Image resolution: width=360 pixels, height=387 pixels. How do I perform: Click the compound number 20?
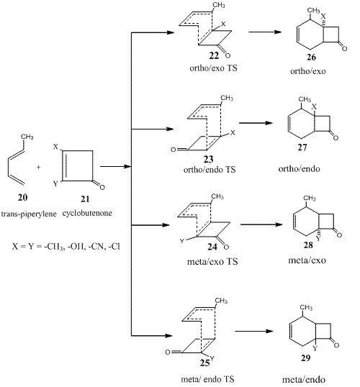pyautogui.click(x=22, y=197)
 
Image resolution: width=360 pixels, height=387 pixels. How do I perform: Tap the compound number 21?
pyautogui.click(x=85, y=199)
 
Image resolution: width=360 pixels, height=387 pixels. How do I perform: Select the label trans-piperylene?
pyautogui.click(x=29, y=214)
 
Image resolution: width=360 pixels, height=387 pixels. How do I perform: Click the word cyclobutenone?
pyautogui.click(x=87, y=213)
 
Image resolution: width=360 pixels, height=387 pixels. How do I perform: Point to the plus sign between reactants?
pyautogui.click(x=38, y=167)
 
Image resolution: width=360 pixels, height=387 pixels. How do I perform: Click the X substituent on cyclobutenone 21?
pyautogui.click(x=55, y=147)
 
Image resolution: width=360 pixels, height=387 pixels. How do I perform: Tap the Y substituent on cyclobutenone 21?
pyautogui.click(x=55, y=183)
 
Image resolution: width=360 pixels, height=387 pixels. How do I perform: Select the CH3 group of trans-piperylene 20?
pyautogui.click(x=27, y=137)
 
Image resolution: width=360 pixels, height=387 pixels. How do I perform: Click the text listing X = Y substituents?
pyautogui.click(x=66, y=246)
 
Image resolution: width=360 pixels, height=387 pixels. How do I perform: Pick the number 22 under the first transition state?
pyautogui.click(x=214, y=56)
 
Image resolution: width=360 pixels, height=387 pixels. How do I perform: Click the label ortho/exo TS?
pyautogui.click(x=213, y=68)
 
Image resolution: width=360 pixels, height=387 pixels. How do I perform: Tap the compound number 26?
pyautogui.click(x=311, y=58)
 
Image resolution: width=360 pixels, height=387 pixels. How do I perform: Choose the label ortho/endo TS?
pyautogui.click(x=210, y=170)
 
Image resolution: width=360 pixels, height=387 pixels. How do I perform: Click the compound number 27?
pyautogui.click(x=302, y=147)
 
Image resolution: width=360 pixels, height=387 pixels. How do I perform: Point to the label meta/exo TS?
pyautogui.click(x=212, y=261)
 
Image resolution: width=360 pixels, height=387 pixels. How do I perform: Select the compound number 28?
pyautogui.click(x=308, y=245)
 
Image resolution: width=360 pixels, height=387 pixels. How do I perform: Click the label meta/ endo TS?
pyautogui.click(x=207, y=379)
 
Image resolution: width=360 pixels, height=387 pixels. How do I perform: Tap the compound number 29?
pyautogui.click(x=306, y=358)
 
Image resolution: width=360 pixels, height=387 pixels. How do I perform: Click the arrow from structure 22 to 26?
pyautogui.click(x=265, y=32)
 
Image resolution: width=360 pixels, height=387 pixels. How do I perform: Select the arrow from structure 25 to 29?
pyautogui.click(x=254, y=331)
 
